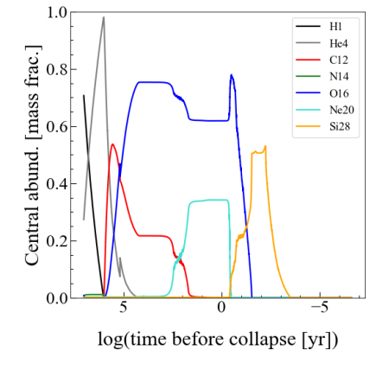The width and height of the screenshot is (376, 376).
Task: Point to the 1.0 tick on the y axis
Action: point(56,13)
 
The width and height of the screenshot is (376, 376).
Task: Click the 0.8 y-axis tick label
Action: point(56,70)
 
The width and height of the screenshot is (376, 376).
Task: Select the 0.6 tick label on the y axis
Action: point(56,127)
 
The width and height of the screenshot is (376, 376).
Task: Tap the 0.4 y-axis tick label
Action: point(56,184)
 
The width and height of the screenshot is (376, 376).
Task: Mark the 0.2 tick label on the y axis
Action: point(56,241)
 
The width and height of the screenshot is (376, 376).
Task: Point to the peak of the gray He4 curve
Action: point(104,17)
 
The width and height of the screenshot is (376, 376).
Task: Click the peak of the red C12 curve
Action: point(113,144)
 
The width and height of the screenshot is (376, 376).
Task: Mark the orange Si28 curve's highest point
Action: point(265,146)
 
